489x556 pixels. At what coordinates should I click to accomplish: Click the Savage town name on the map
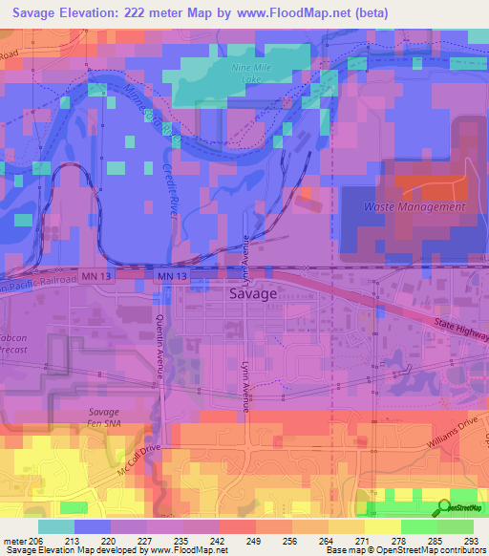(253, 294)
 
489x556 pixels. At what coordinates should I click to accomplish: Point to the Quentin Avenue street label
(159, 352)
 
